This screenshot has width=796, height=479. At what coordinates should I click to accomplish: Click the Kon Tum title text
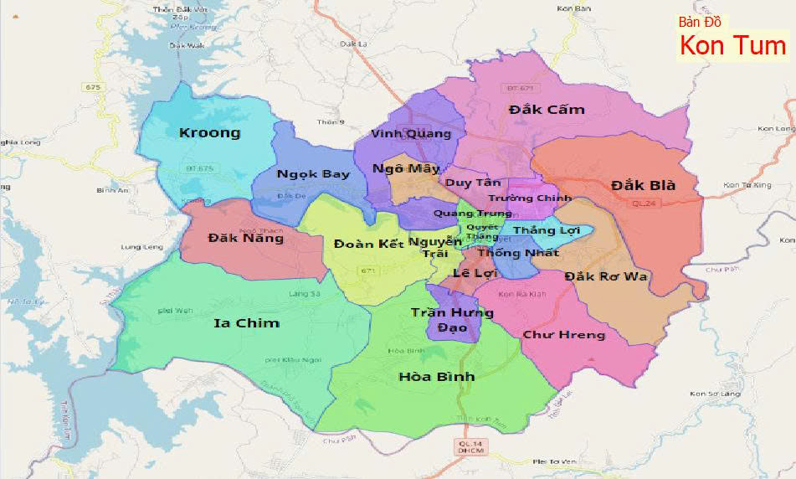[x=732, y=46]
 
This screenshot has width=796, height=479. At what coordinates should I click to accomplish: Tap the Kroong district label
[x=209, y=132]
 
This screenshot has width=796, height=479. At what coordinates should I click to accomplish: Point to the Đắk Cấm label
[x=547, y=110]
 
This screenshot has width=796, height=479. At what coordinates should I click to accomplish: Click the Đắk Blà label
[x=643, y=185]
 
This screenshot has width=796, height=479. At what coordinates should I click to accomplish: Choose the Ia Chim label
[x=247, y=323]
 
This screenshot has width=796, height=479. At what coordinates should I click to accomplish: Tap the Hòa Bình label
[x=437, y=377]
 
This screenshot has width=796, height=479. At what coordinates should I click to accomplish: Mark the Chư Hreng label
[x=563, y=335]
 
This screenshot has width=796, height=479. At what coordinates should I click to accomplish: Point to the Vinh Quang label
[x=411, y=134]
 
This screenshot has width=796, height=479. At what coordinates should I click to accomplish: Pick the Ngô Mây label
[x=406, y=168]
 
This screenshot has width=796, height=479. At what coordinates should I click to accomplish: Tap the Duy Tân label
[x=473, y=183]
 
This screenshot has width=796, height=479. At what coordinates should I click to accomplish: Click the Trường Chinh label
[x=529, y=198]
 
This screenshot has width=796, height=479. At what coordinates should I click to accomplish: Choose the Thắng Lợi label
[x=547, y=229]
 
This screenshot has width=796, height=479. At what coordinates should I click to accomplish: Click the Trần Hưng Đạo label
[x=452, y=320]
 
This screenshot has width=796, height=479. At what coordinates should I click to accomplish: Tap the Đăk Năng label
[x=234, y=239]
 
